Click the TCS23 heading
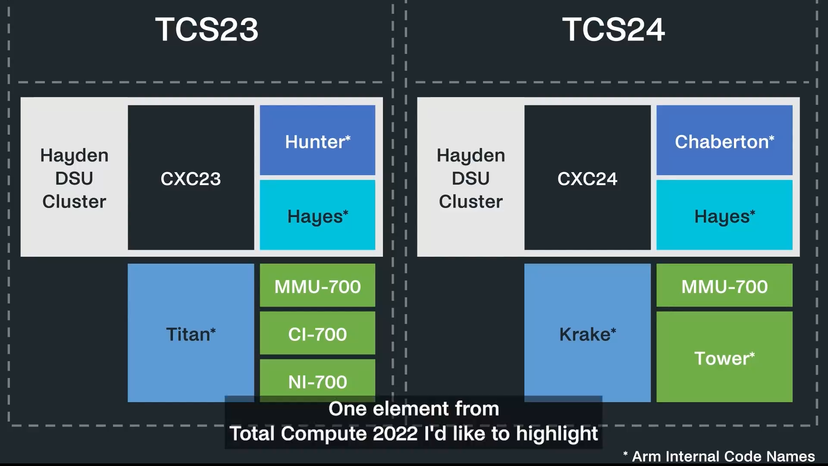pyautogui.click(x=207, y=30)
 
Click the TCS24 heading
pyautogui.click(x=613, y=30)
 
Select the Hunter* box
pyautogui.click(x=317, y=140)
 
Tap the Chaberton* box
pyautogui.click(x=724, y=140)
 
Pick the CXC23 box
pyautogui.click(x=191, y=178)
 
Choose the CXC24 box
pyautogui.click(x=587, y=178)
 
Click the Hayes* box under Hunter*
pyautogui.click(x=317, y=215)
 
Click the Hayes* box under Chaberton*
pyautogui.click(x=724, y=215)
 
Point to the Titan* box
pyautogui.click(x=191, y=333)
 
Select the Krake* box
pyautogui.click(x=587, y=333)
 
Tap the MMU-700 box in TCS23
pyautogui.click(x=317, y=286)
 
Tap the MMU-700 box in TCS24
pyautogui.click(x=724, y=286)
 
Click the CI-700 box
pyautogui.click(x=317, y=334)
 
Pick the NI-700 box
pyautogui.click(x=317, y=380)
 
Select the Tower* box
pyautogui.click(x=724, y=357)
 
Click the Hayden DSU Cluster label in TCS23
pyautogui.click(x=74, y=178)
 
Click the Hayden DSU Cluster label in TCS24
pyautogui.click(x=470, y=178)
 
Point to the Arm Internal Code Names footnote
pyautogui.click(x=719, y=456)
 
